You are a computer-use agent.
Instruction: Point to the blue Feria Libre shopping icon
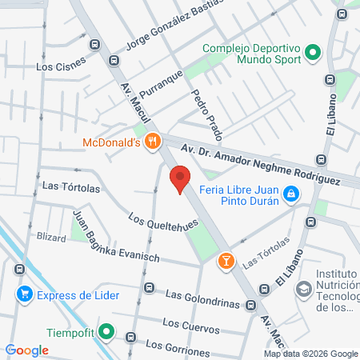(293, 194)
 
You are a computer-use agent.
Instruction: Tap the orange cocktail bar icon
(227, 260)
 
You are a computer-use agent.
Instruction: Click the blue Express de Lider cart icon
(26, 294)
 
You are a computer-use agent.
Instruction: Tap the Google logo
(27, 350)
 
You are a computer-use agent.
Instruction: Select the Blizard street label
(51, 238)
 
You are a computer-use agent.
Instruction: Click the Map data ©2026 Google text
(311, 354)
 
